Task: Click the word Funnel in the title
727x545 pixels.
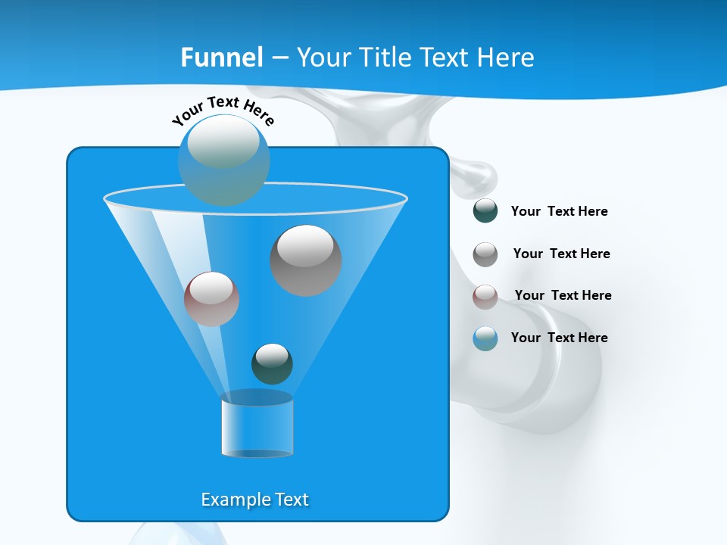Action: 222,58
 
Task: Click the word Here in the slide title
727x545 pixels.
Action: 508,58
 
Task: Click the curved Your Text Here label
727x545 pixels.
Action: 223,109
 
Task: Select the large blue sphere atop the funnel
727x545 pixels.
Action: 223,160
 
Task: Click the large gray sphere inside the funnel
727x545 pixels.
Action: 305,260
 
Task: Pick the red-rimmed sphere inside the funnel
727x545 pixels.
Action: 211,298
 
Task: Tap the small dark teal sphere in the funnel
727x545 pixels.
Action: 272,363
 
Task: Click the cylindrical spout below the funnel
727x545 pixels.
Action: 257,426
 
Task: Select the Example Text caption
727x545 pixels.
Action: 254,500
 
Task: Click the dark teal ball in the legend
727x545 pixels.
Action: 485,211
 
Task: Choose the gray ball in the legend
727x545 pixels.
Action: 485,254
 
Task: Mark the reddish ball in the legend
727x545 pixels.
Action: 485,297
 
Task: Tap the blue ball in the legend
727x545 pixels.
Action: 485,338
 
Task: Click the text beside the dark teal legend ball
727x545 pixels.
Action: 559,211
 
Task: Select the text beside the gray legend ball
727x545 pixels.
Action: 561,254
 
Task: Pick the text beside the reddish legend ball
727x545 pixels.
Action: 563,295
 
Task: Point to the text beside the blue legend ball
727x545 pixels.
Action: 559,338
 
